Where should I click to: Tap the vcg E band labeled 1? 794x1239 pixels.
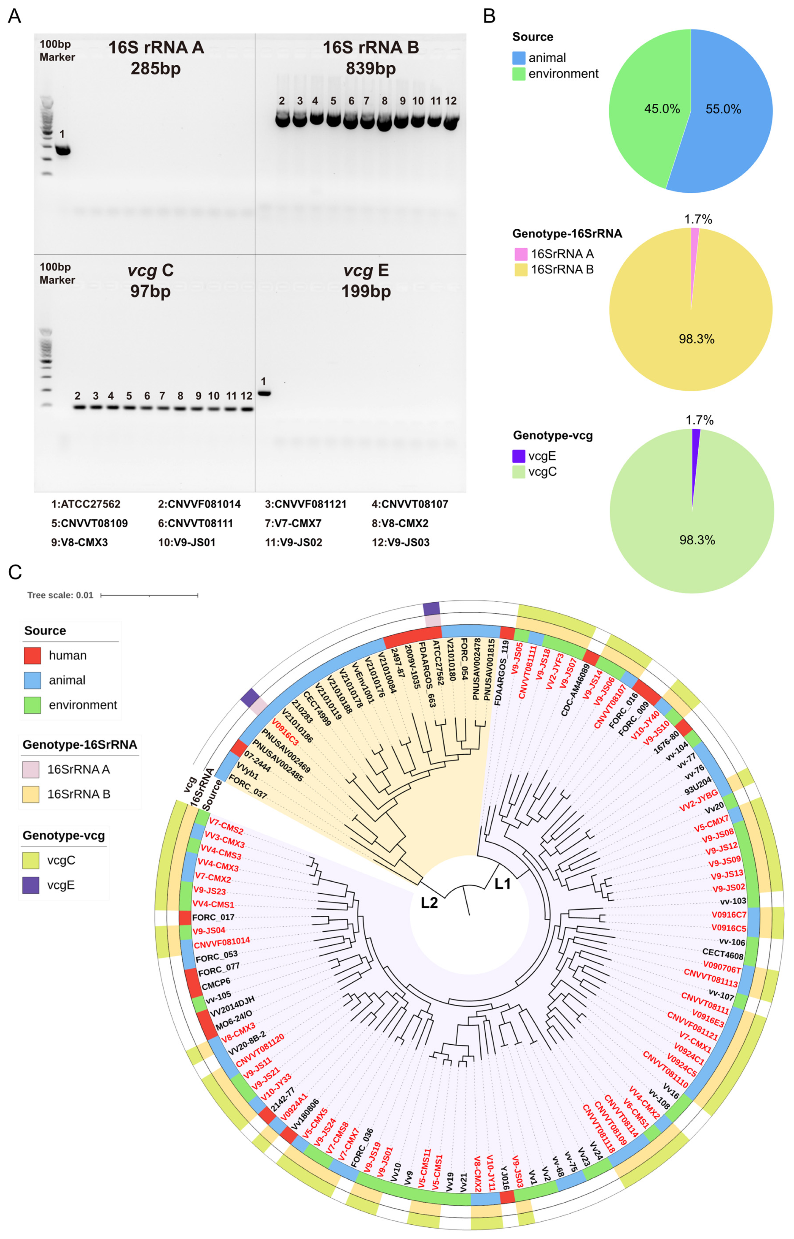tap(264, 394)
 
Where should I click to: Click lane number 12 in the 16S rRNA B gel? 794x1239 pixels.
tap(451, 101)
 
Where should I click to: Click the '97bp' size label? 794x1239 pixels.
tap(150, 291)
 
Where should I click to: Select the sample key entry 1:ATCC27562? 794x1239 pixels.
tap(86, 504)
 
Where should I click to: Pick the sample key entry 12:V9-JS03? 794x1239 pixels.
tap(401, 542)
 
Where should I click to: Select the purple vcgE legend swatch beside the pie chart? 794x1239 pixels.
tap(519, 456)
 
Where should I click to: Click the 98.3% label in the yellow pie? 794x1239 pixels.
tap(696, 339)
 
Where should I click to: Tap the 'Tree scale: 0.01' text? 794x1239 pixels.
tap(60, 595)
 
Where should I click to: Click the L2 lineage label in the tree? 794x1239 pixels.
tap(429, 903)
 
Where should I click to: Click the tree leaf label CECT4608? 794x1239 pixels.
tap(722, 954)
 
